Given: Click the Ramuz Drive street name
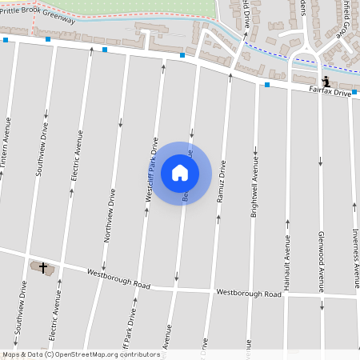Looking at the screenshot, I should tap(221, 182).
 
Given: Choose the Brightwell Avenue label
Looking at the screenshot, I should tap(255, 182).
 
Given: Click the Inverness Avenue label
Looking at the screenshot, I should tap(355, 246).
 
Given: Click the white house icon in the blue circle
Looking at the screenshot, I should tap(180, 172).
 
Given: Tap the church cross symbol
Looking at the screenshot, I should tap(43, 267).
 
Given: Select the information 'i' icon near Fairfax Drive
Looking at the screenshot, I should tap(326, 82).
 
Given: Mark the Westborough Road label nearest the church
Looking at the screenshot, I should tap(119, 279).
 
